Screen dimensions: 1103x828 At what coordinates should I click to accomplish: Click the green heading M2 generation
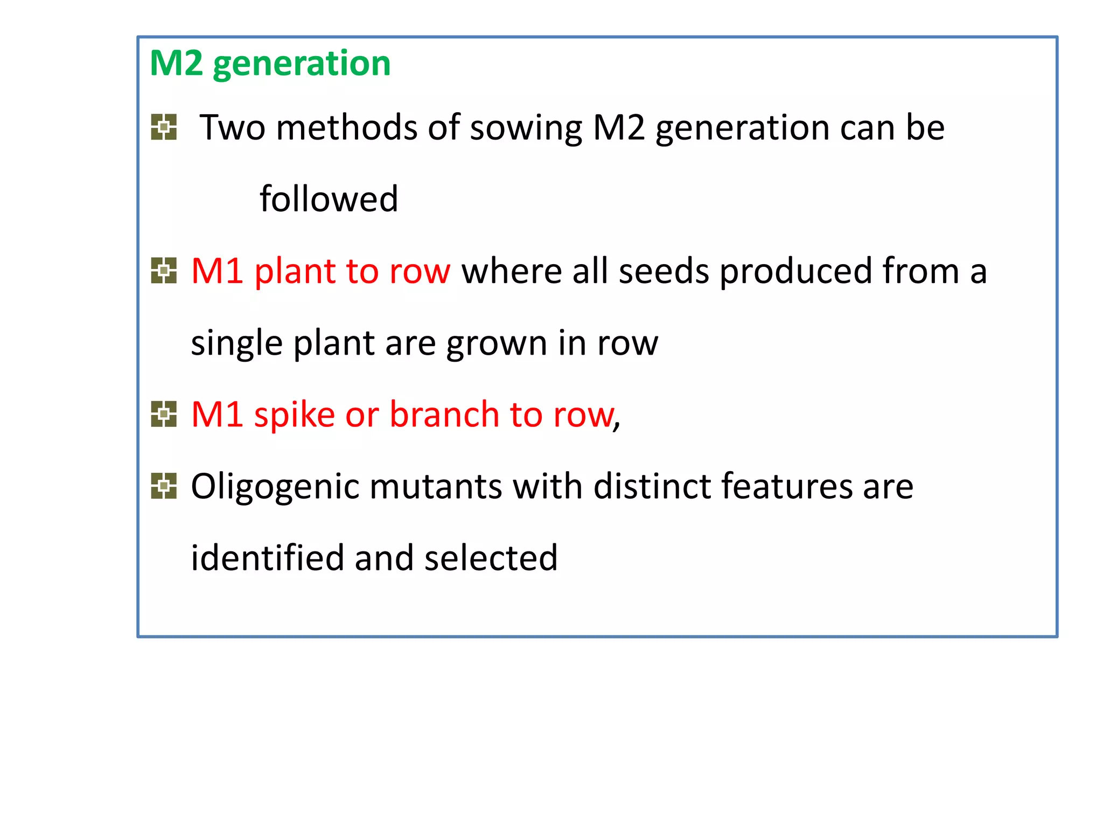270,64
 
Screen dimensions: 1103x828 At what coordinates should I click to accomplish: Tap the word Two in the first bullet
232,128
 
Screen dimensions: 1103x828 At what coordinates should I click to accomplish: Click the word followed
329,199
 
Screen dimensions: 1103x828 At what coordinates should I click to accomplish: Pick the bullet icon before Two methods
164,127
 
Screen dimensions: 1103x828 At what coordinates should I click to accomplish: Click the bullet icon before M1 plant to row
164,271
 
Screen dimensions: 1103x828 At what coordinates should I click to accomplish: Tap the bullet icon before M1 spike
164,414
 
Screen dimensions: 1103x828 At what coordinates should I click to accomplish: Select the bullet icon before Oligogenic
164,486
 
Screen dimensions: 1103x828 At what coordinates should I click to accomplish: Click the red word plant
294,272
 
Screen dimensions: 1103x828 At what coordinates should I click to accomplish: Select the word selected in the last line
490,558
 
